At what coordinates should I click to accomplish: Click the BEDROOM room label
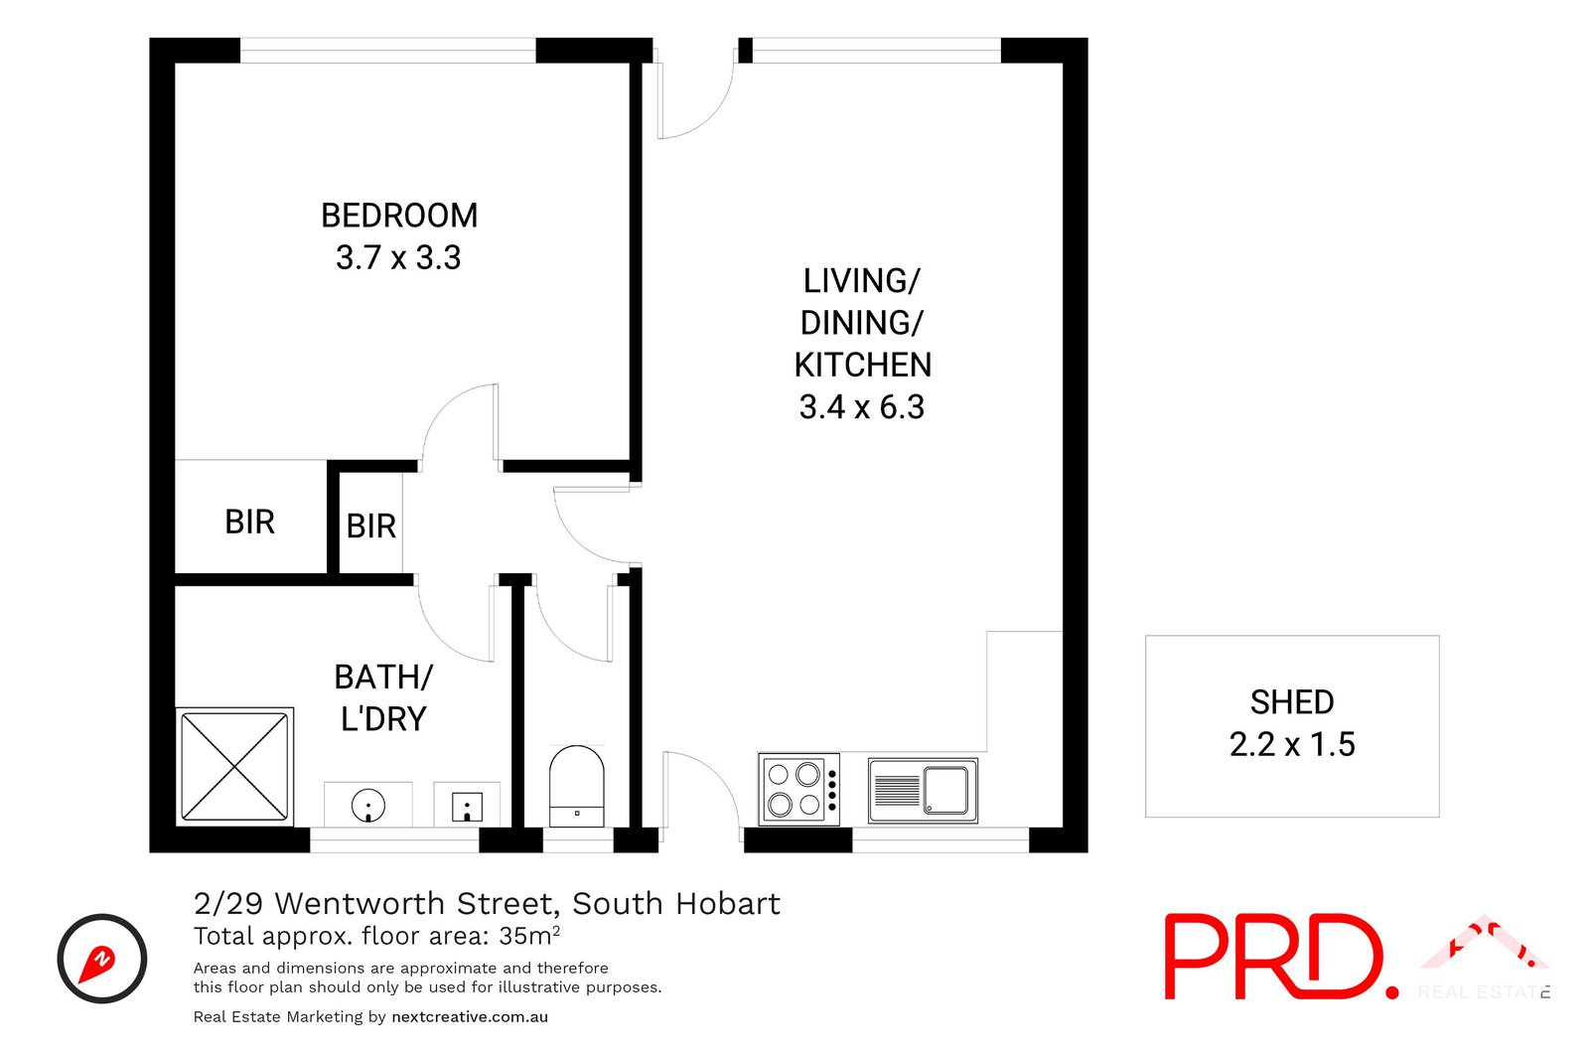pyautogui.click(x=398, y=215)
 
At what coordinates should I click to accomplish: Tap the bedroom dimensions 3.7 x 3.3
pyautogui.click(x=398, y=257)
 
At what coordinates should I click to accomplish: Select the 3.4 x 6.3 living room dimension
pyautogui.click(x=861, y=406)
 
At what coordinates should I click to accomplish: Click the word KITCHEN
pyautogui.click(x=862, y=365)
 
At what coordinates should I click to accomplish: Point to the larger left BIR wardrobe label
pyautogui.click(x=249, y=522)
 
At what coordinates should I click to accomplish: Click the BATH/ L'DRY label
pyautogui.click(x=383, y=697)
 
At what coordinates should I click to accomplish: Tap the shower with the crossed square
pyautogui.click(x=234, y=766)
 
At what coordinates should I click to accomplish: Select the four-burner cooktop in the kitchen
pyautogui.click(x=799, y=789)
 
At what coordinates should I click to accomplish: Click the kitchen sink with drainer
pyautogui.click(x=923, y=791)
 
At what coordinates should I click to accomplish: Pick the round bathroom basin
pyautogui.click(x=368, y=805)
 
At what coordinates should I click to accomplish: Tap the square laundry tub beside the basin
pyautogui.click(x=467, y=806)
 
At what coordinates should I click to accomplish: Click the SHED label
pyautogui.click(x=1291, y=701)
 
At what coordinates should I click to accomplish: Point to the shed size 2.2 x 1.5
pyautogui.click(x=1291, y=744)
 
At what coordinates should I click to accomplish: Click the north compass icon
pyautogui.click(x=102, y=959)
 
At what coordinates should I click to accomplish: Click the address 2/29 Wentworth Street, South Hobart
pyautogui.click(x=487, y=903)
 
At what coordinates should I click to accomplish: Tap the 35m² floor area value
pyautogui.click(x=529, y=935)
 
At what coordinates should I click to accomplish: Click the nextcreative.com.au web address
pyautogui.click(x=470, y=1016)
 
